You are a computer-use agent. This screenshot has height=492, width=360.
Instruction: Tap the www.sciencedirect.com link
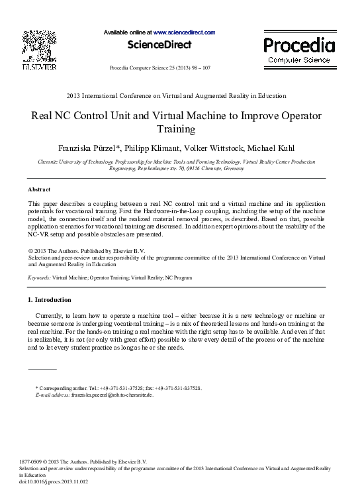point(185,32)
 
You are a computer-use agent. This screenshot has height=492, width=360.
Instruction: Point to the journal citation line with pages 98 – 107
point(159,68)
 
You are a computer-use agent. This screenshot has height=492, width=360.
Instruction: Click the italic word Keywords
point(39,279)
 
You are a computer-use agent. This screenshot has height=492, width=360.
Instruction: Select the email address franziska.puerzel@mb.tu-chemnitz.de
point(112,395)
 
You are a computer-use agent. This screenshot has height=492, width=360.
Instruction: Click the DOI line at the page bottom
point(55,481)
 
